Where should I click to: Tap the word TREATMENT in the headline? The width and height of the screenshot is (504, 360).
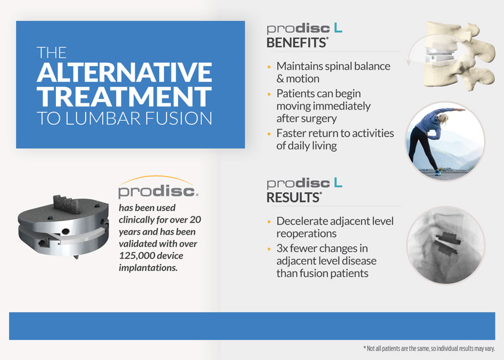(x=124, y=96)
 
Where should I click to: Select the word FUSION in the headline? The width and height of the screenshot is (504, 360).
(x=178, y=118)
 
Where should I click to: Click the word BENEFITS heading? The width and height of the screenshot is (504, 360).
(x=296, y=43)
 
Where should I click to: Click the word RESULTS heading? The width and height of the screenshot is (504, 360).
(x=293, y=198)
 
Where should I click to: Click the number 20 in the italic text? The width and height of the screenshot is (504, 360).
(x=195, y=219)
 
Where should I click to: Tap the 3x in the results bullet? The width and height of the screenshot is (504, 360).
(x=282, y=249)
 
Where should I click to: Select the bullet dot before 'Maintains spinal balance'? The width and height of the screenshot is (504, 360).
(x=269, y=67)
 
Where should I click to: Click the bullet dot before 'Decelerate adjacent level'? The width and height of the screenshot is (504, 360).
(x=269, y=222)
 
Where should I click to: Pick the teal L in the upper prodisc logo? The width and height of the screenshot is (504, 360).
(x=338, y=28)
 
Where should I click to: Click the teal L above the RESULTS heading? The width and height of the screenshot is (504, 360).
(x=338, y=183)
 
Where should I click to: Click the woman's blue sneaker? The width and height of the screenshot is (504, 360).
(x=437, y=172)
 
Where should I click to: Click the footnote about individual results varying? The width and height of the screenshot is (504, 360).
(x=429, y=348)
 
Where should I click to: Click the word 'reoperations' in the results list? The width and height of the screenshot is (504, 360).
(x=306, y=233)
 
